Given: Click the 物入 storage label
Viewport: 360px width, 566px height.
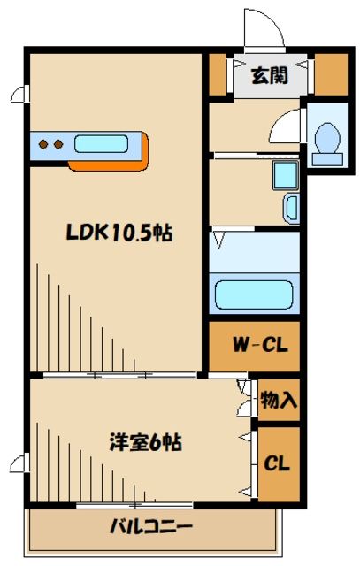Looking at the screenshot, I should point(279,400).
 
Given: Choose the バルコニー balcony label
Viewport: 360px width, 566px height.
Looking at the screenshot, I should point(150,528).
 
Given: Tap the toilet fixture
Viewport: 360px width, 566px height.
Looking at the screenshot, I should point(327,140).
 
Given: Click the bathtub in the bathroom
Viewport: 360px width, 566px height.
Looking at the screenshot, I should point(254,294).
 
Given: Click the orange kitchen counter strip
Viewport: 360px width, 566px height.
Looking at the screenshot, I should point(106,164).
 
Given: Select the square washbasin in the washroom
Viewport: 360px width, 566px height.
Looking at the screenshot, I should point(286,175).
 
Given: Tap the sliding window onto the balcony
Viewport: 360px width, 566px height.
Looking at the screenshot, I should point(133,505).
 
